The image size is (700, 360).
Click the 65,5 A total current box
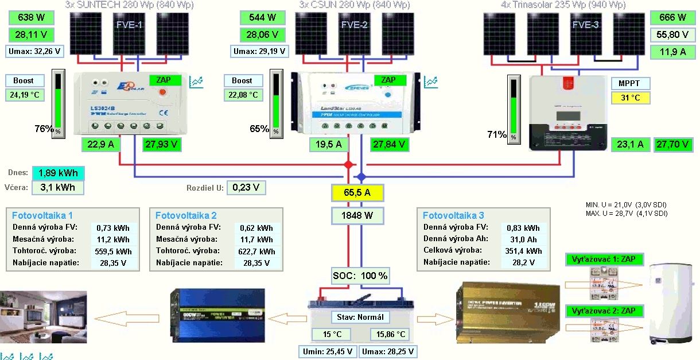[x=357, y=193]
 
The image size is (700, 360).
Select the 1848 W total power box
[x=357, y=216]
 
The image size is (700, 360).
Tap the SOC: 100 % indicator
[x=360, y=276]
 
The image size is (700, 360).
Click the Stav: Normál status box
[x=360, y=317]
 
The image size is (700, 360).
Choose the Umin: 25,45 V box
[x=328, y=351]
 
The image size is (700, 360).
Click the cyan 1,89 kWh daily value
[x=58, y=173]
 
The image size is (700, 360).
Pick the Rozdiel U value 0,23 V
[x=246, y=187]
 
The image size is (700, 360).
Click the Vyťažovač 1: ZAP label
[x=603, y=260]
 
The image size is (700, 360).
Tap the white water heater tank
[x=670, y=302]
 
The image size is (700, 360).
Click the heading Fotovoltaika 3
[x=453, y=215]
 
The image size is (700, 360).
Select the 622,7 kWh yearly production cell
[x=257, y=251]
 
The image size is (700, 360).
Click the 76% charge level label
[x=44, y=129]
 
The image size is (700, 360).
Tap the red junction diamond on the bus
[x=348, y=165]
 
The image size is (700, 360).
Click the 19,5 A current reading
[x=329, y=144]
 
